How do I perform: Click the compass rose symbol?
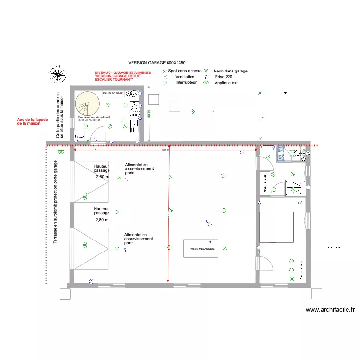tap(58, 74)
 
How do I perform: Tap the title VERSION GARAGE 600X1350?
tap(157, 63)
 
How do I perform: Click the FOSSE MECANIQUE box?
tap(201, 249)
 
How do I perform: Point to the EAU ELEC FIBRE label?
tap(113, 93)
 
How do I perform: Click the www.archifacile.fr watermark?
tap(330, 310)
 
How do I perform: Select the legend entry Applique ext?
tap(226, 83)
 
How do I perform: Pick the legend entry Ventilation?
tap(185, 77)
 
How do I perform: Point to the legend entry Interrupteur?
tap(186, 83)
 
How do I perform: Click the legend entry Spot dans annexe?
tap(185, 71)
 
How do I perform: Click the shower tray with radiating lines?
tap(295, 188)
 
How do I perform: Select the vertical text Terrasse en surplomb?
tap(56, 202)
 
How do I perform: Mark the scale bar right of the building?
tap(334, 248)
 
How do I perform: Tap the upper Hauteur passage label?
tap(102, 168)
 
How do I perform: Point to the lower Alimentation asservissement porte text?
tap(138, 239)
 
